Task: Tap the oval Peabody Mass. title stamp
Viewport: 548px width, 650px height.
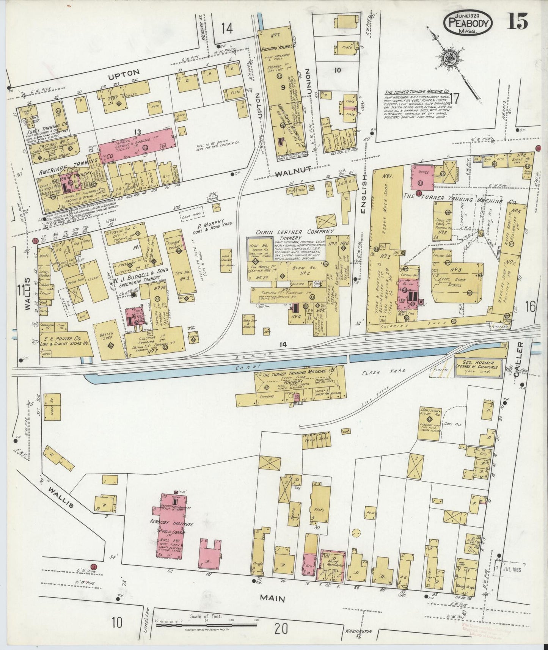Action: click(468, 24)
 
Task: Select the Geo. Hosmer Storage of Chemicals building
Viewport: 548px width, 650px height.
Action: click(480, 367)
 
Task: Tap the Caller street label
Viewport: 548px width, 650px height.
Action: click(519, 354)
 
